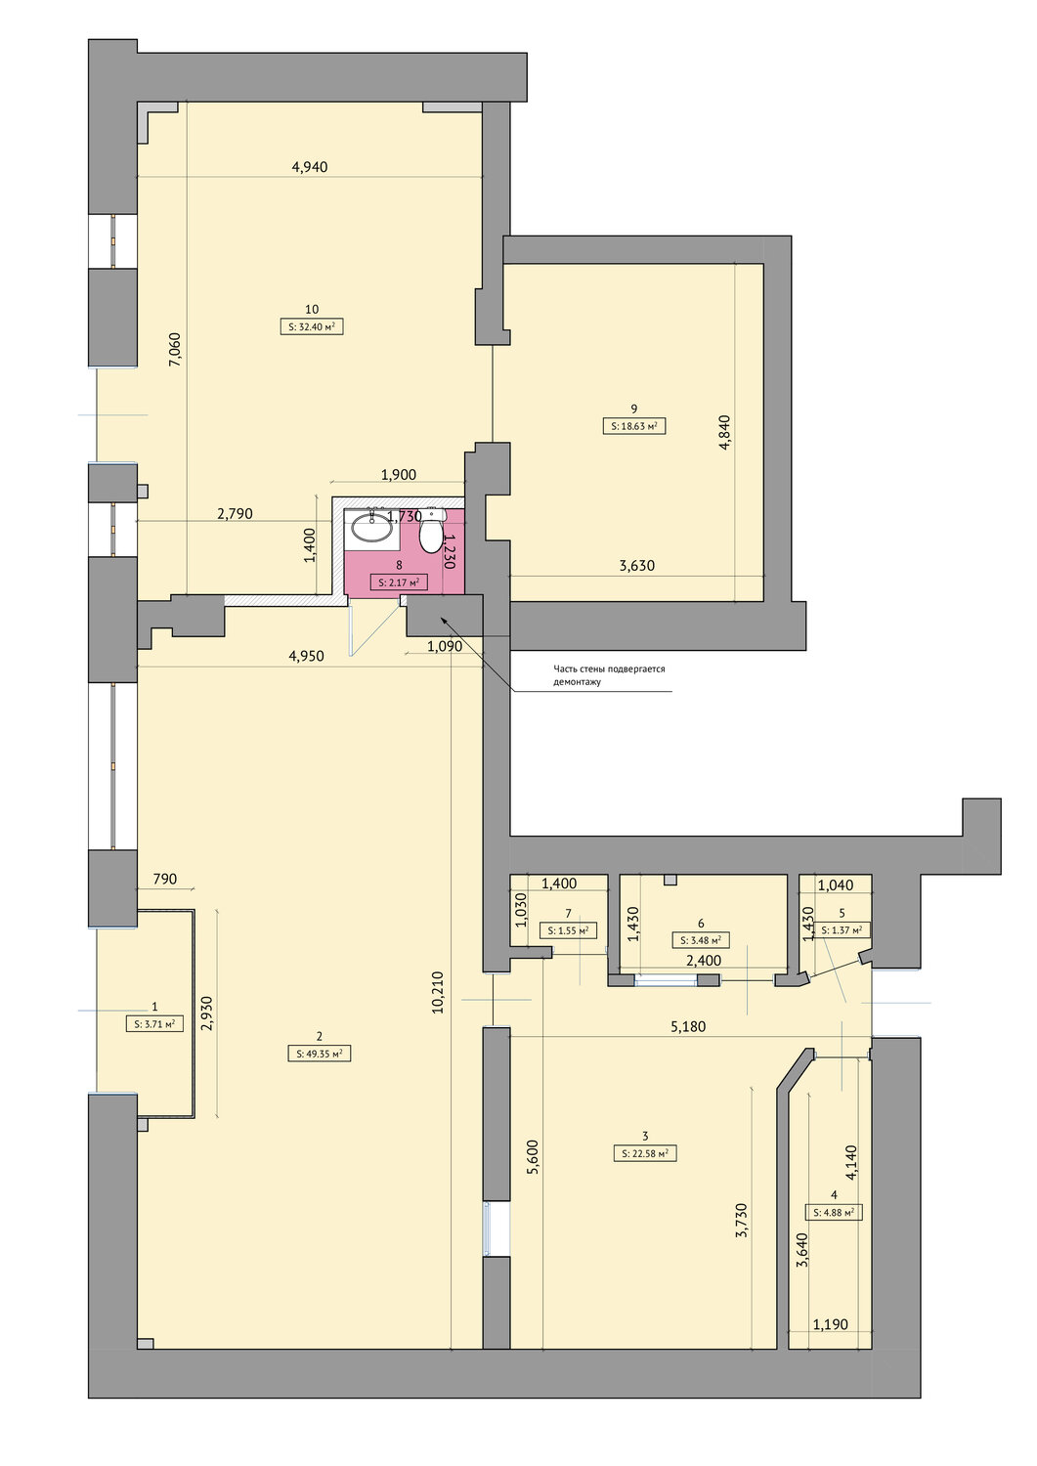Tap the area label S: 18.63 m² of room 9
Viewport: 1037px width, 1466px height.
point(633,426)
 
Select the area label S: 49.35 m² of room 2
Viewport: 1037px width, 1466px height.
point(319,1054)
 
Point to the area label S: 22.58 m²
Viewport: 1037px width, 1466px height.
point(645,1152)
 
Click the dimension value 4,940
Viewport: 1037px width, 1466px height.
point(310,167)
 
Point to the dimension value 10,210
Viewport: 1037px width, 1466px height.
point(438,992)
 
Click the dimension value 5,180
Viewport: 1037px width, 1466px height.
point(688,1027)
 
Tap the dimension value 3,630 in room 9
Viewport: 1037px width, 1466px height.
point(637,566)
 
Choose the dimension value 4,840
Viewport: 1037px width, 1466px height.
point(724,433)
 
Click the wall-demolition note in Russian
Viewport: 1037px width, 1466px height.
point(610,675)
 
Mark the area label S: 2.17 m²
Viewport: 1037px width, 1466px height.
point(399,582)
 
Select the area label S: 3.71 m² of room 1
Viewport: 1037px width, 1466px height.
point(154,1024)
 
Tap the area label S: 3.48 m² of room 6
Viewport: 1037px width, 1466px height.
point(701,940)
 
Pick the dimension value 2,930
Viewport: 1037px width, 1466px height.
point(207,1017)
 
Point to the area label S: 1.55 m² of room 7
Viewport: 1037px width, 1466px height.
point(568,930)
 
